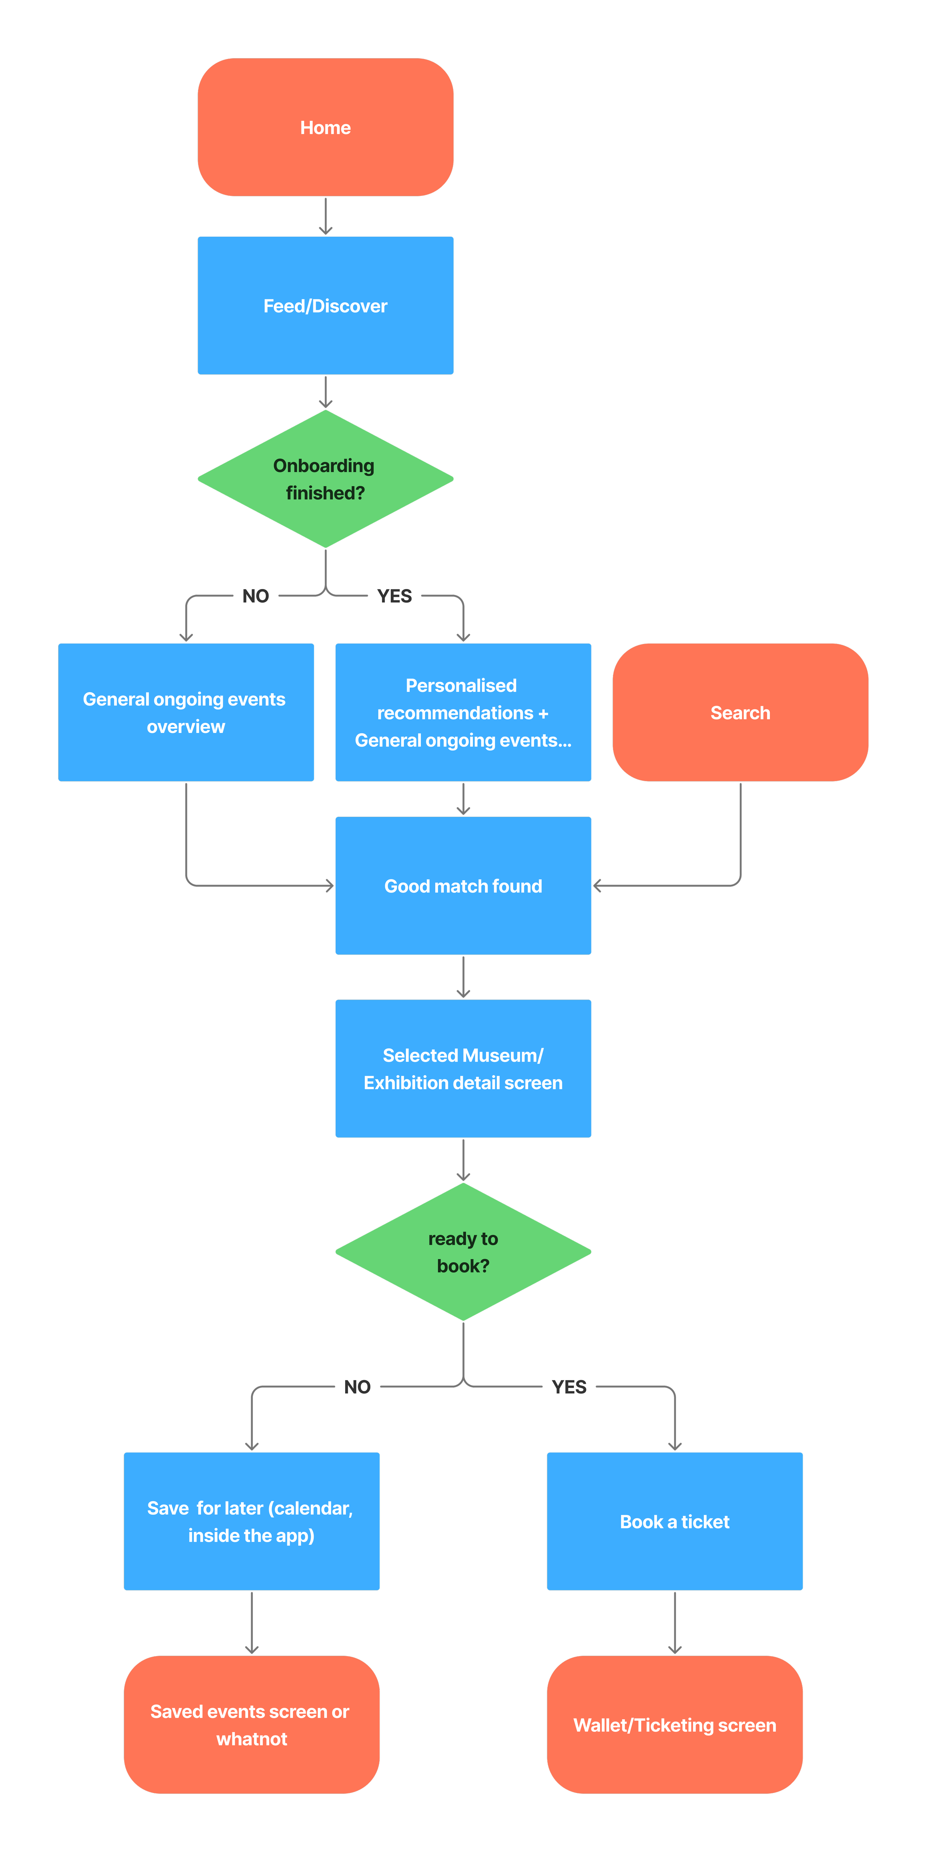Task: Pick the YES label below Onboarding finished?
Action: [x=395, y=596]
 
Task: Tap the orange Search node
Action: [x=740, y=713]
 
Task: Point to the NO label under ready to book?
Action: [x=357, y=1387]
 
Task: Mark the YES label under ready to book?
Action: [x=569, y=1387]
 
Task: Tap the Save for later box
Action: [x=251, y=1521]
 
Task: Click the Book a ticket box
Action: [x=675, y=1521]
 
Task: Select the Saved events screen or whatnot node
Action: [x=251, y=1725]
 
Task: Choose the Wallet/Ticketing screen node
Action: [x=675, y=1725]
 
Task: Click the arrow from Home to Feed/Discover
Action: [x=326, y=216]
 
